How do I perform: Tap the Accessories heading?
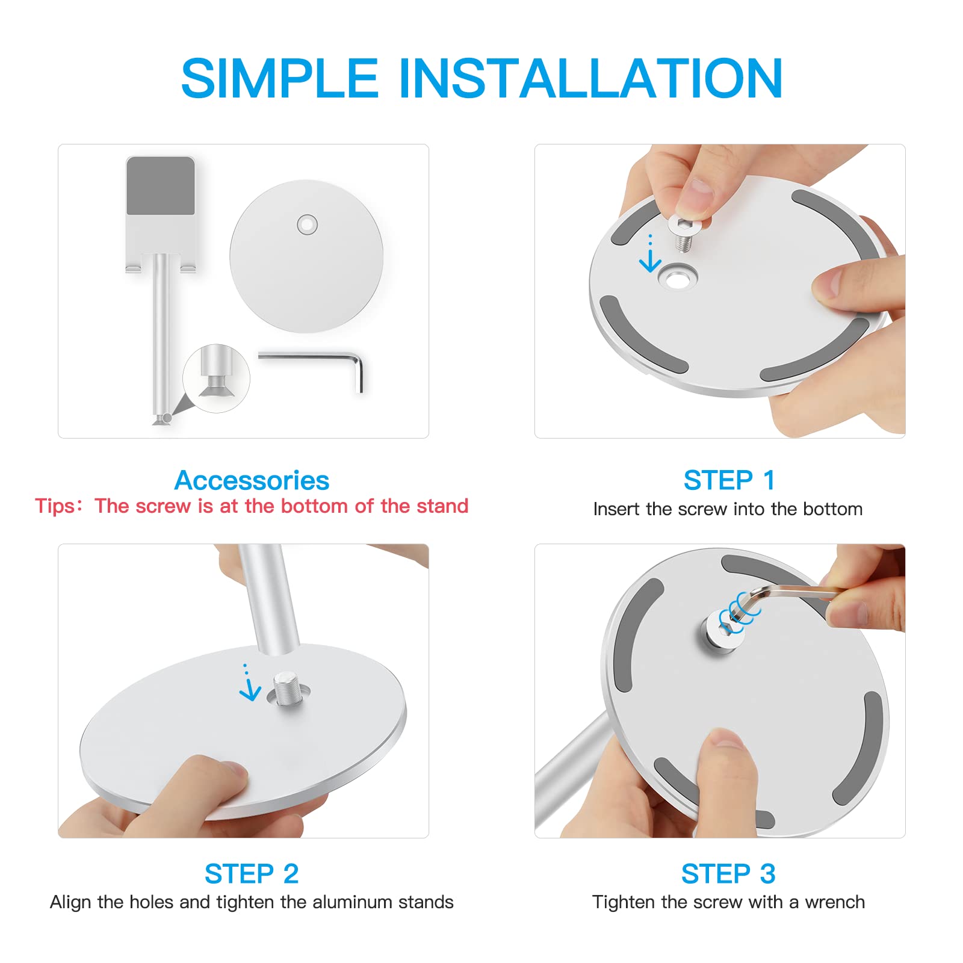tap(252, 480)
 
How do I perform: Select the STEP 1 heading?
tap(729, 480)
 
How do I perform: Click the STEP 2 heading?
tap(252, 873)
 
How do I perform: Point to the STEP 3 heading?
tap(728, 873)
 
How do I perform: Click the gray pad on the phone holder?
tap(161, 186)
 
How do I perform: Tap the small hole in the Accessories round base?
tap(308, 225)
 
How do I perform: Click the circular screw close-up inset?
tap(216, 379)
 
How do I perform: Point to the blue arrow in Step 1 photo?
tap(650, 256)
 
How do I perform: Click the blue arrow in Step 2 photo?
tap(249, 686)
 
